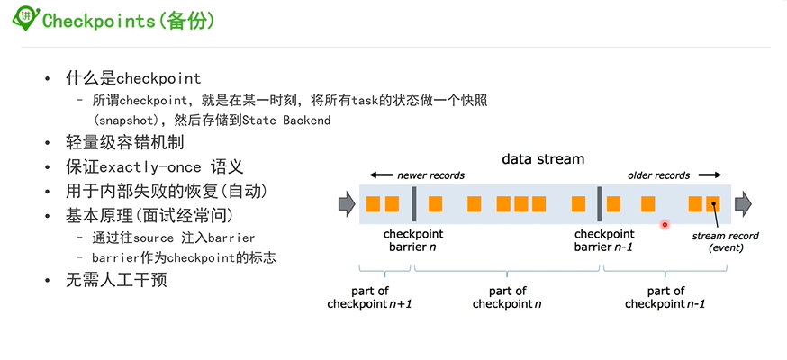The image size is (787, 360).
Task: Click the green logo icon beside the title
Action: click(27, 18)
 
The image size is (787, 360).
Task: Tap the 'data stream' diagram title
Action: click(542, 159)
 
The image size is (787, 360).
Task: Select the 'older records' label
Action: click(659, 175)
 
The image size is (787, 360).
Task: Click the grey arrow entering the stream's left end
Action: click(346, 204)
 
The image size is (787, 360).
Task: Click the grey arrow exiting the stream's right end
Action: click(743, 204)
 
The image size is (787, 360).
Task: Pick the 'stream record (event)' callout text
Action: click(726, 242)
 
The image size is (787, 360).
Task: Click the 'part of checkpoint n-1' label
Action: click(665, 297)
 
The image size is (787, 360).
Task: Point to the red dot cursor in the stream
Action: click(665, 224)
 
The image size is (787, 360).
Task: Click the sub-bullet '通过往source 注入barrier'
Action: click(173, 238)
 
